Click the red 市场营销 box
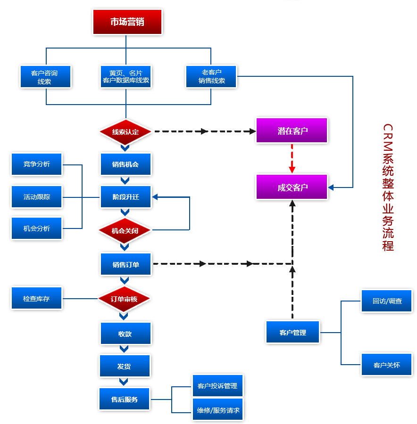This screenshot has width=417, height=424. tap(127, 22)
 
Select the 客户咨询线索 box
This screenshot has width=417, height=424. tap(45, 77)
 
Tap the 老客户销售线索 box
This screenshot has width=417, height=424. tap(211, 76)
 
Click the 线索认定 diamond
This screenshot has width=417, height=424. tap(125, 132)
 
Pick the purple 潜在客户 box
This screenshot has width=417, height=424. tap(292, 130)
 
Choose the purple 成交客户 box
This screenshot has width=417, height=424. tap(292, 187)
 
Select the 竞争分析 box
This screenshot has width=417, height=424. tap(37, 164)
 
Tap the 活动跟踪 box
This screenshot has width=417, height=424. tap(37, 196)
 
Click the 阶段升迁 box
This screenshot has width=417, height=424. tap(125, 196)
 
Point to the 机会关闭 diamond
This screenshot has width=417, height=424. tap(125, 231)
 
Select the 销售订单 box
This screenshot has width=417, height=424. tap(125, 264)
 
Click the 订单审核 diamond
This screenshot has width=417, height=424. tap(124, 299)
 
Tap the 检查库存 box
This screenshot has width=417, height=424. tap(37, 299)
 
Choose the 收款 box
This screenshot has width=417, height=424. tap(125, 334)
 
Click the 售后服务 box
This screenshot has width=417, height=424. tap(125, 400)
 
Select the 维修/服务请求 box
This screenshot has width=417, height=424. tap(218, 410)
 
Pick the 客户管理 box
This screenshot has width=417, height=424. tap(292, 333)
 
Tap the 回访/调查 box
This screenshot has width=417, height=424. tap(387, 301)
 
